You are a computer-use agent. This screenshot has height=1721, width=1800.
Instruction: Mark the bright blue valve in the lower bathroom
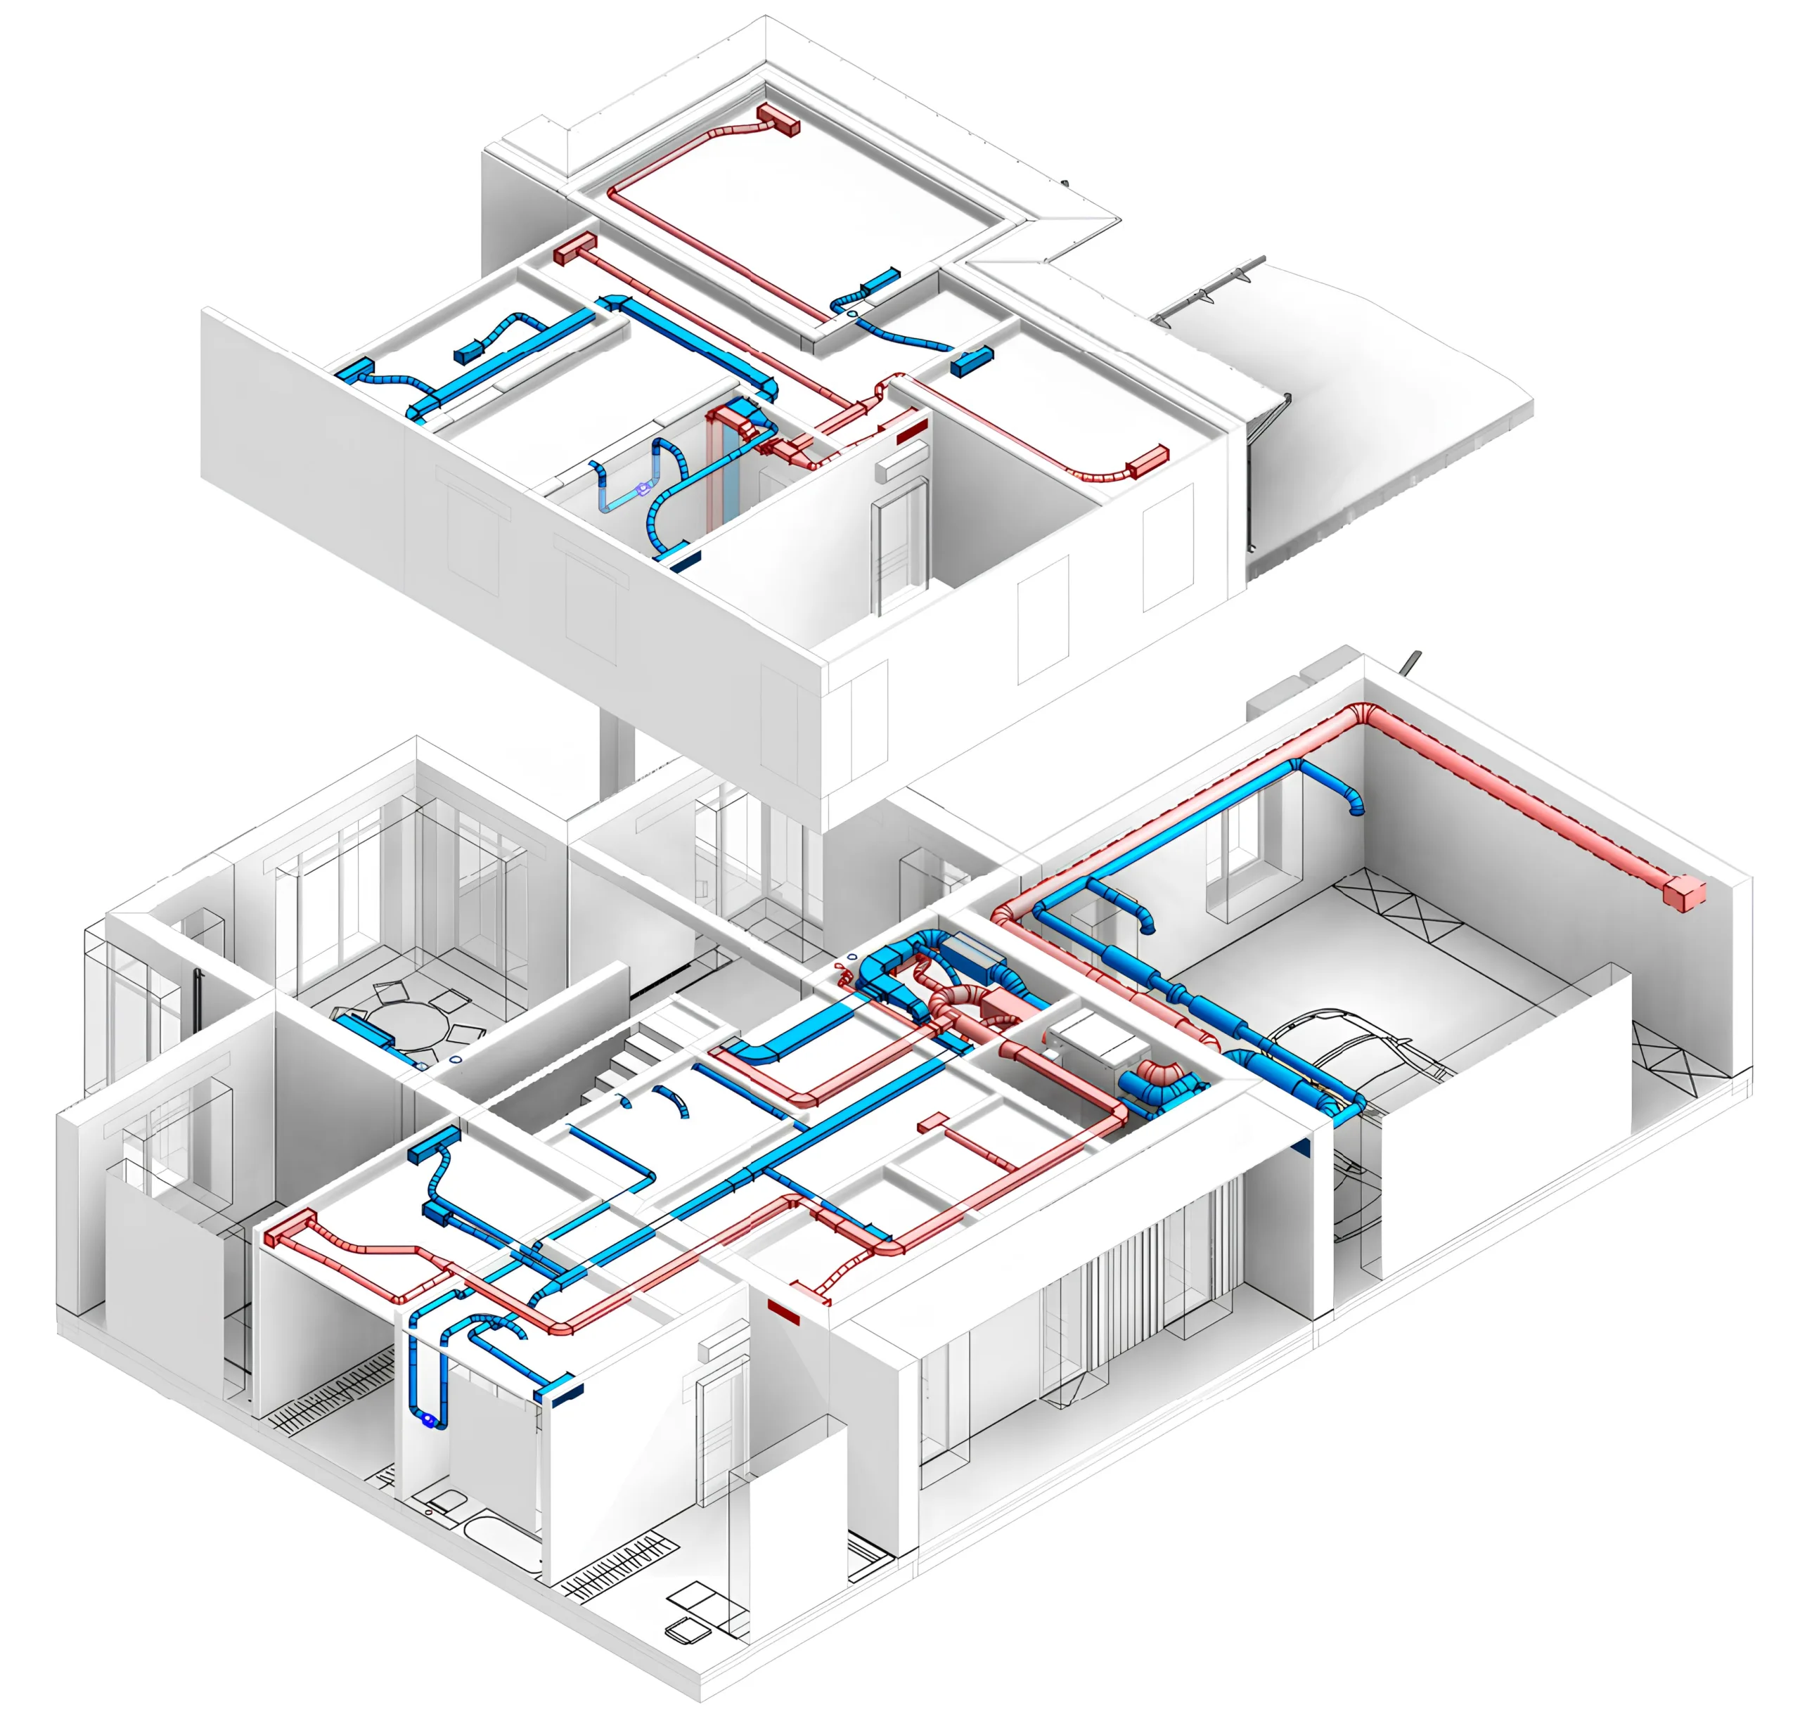pos(427,1419)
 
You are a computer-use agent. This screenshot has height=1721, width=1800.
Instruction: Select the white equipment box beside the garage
pos(1092,1041)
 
